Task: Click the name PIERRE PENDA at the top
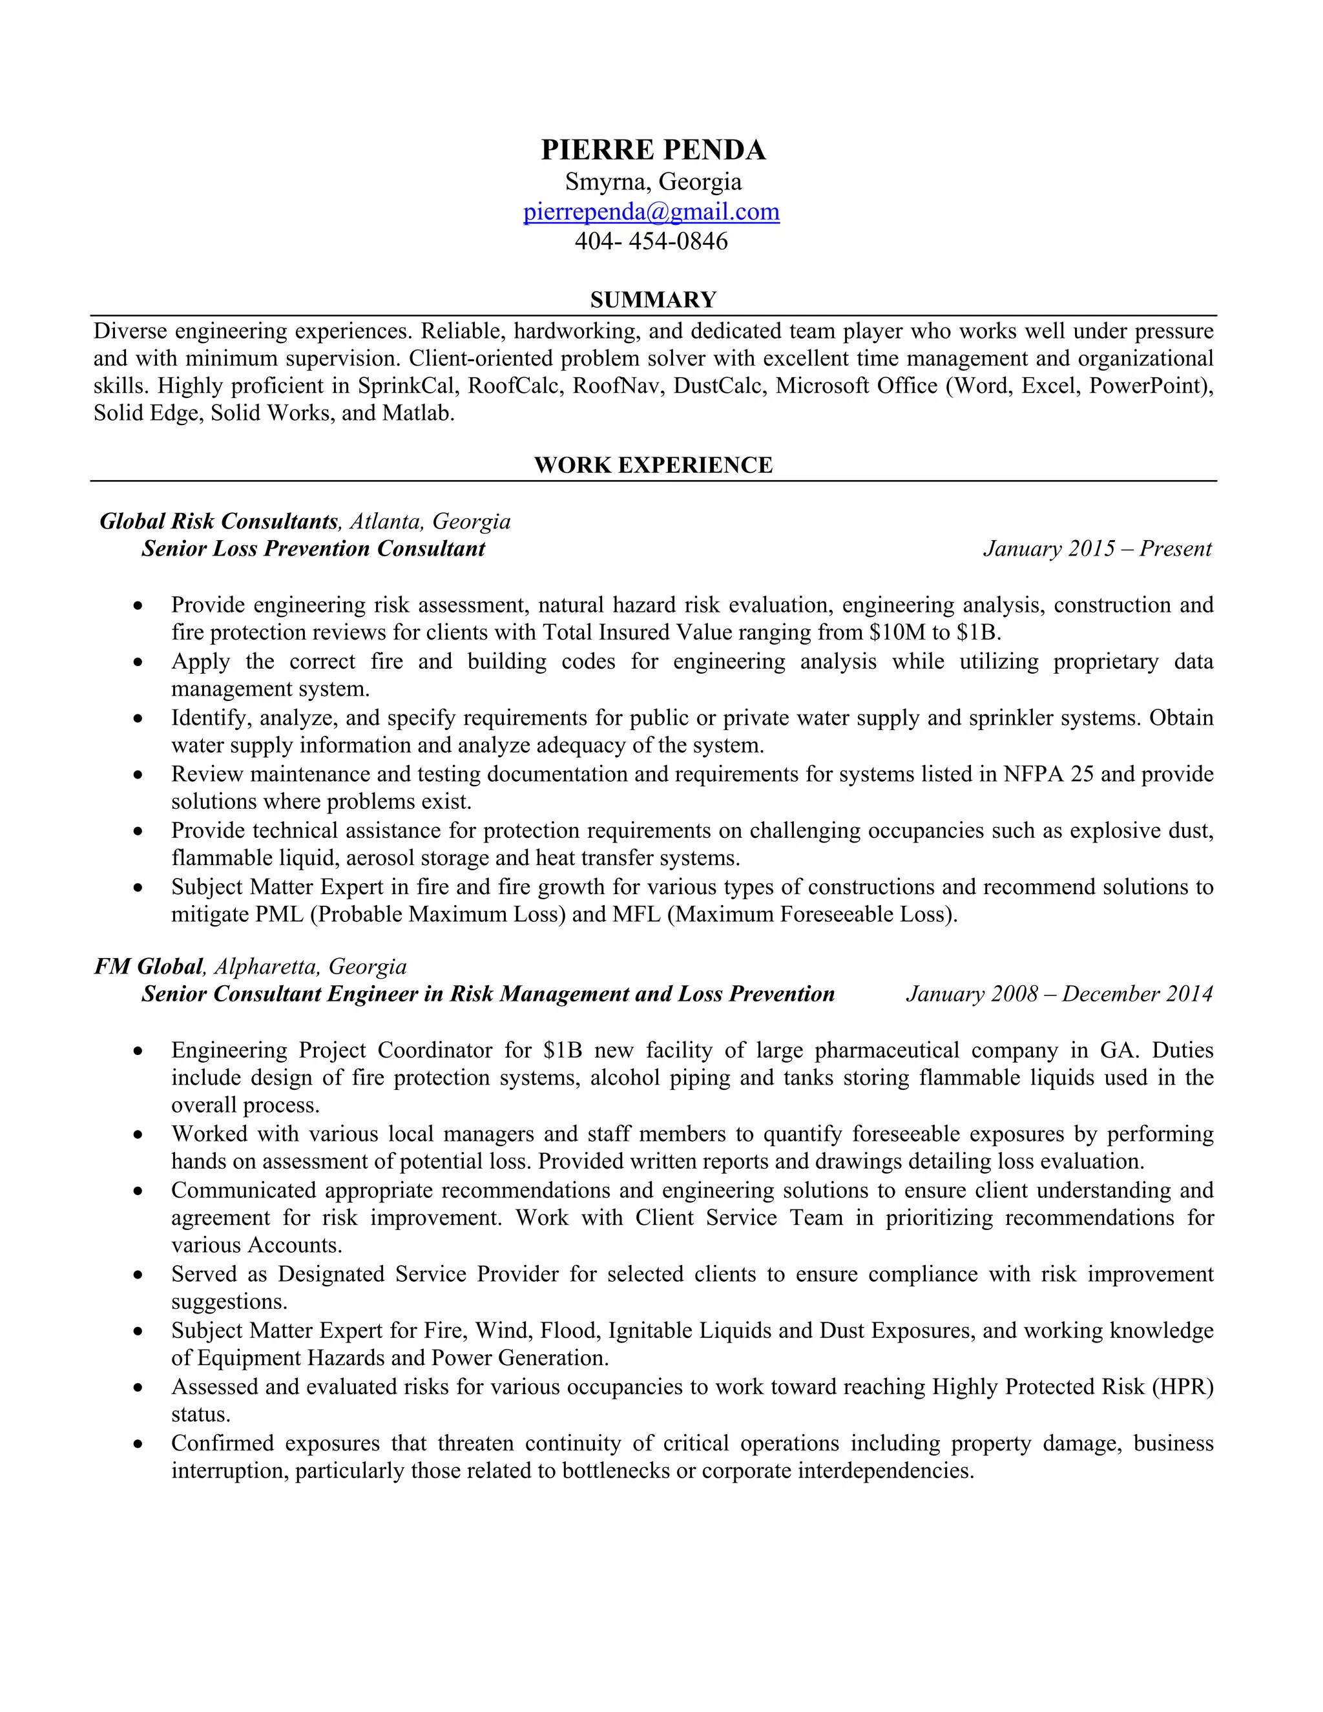[653, 150]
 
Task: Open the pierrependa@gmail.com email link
[651, 212]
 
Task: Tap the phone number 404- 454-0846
[651, 241]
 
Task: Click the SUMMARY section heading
[653, 300]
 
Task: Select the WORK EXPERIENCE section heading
[653, 465]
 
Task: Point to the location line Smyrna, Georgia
[653, 182]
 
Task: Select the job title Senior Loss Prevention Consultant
[313, 548]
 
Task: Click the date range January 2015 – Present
[1096, 548]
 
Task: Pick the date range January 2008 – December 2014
[1059, 994]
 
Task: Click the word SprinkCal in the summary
[406, 386]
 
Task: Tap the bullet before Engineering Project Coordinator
[138, 1051]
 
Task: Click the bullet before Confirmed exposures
[138, 1444]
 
